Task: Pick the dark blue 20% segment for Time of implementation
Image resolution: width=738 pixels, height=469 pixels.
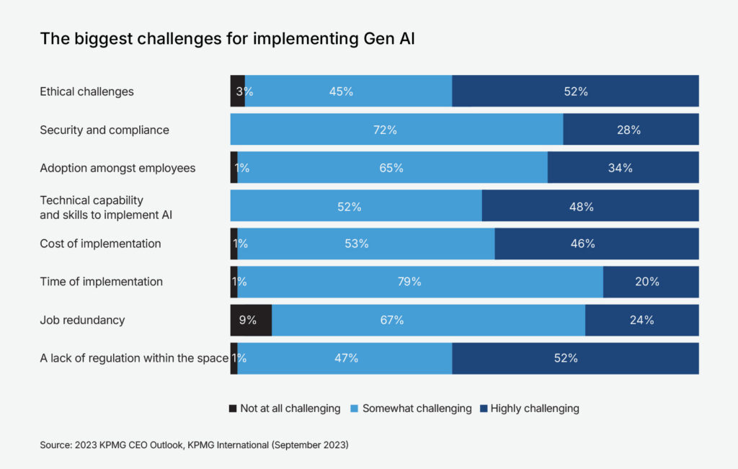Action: pos(650,282)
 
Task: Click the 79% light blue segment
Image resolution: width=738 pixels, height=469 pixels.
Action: pos(419,282)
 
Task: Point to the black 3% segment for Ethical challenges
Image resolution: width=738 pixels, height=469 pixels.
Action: pos(238,91)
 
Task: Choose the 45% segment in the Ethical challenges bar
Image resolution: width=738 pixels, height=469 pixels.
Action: pos(348,91)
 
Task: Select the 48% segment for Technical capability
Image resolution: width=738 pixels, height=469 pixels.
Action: pos(590,206)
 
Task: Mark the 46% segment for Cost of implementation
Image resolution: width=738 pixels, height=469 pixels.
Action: pos(596,244)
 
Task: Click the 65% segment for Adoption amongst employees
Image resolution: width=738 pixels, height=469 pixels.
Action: pos(392,168)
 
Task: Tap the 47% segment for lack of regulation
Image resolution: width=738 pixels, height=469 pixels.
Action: pos(344,358)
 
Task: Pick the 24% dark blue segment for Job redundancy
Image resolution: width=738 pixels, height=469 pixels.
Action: pos(641,320)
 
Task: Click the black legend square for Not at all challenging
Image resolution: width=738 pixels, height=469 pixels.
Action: pos(233,408)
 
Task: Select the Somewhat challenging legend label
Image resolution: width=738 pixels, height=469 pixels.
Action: pos(417,408)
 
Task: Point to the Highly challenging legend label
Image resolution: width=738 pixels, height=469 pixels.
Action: pos(535,408)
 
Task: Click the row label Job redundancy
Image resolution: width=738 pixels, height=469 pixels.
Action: pos(82,320)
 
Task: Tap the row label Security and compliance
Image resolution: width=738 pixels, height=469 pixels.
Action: pos(105,130)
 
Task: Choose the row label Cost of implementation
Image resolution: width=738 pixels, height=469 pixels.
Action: pos(100,244)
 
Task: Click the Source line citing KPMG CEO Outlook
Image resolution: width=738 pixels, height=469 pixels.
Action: pos(194,446)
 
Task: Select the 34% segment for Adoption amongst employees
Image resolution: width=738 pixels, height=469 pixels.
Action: pos(623,168)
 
